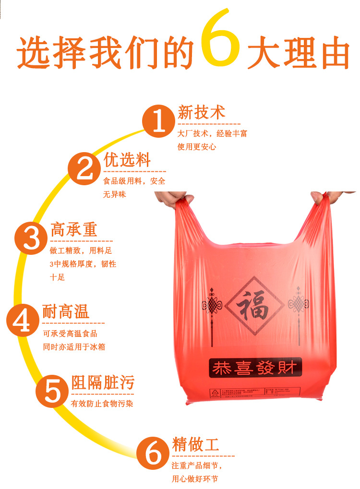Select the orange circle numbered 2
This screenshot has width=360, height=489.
[85, 168]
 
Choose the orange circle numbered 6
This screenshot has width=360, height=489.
[153, 452]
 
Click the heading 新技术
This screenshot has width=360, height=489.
[201, 113]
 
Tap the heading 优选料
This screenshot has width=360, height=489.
[127, 160]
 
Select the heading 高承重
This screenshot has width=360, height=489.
[74, 229]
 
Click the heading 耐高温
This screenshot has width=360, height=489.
[66, 312]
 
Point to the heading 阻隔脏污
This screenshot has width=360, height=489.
[103, 382]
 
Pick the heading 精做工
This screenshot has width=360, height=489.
[195, 444]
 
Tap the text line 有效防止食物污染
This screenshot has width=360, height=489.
[102, 404]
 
